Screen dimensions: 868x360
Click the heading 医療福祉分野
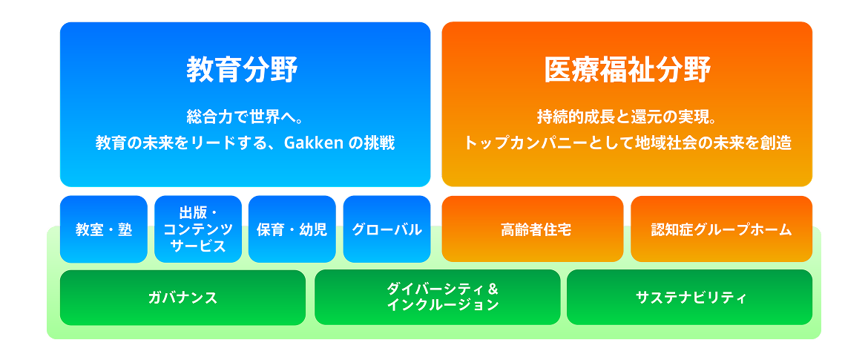pos(627,71)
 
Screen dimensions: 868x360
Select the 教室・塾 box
pos(104,229)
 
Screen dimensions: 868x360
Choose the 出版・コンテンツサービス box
pos(198,229)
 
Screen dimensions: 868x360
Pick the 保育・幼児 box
pos(292,229)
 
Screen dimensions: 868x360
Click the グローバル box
pos(387,229)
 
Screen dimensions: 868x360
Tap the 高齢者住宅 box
pos(533,229)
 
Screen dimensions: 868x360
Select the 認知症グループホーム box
pos(721,229)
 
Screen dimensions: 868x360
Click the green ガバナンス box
pos(183,298)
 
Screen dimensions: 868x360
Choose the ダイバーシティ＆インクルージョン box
pos(437,298)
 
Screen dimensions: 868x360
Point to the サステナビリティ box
pos(690,298)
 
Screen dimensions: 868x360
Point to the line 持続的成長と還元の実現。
pos(627,117)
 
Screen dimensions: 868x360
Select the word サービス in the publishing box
pos(198,246)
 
